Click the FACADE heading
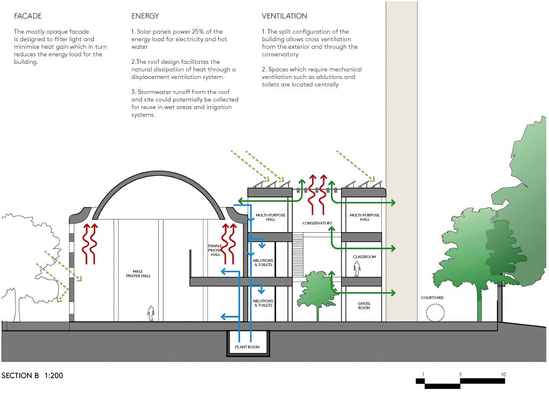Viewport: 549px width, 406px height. click(x=27, y=16)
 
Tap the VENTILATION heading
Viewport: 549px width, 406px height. click(x=285, y=16)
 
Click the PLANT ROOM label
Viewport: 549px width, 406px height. click(x=247, y=347)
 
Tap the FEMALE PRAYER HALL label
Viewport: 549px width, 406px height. click(x=215, y=250)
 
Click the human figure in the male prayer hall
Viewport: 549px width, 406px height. click(x=151, y=313)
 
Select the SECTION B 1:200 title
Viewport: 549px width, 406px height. click(x=33, y=375)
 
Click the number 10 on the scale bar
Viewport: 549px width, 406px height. click(x=503, y=374)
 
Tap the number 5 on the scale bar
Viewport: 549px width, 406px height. click(x=460, y=374)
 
